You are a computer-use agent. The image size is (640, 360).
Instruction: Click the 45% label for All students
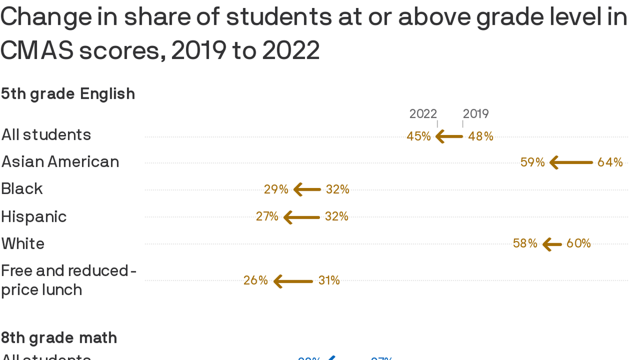click(x=419, y=136)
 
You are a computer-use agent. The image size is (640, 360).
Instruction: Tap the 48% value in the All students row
click(x=481, y=136)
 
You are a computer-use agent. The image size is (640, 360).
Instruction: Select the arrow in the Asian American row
click(x=571, y=163)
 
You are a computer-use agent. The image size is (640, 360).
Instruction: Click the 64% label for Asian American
click(x=610, y=163)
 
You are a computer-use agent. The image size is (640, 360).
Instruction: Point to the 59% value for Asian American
click(x=533, y=163)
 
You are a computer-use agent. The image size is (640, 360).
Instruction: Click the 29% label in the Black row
click(x=276, y=189)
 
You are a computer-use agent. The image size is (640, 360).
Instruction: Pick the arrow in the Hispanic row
click(x=302, y=217)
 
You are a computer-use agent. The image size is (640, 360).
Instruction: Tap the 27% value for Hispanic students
click(x=267, y=217)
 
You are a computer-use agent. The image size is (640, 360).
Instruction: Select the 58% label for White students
click(x=525, y=244)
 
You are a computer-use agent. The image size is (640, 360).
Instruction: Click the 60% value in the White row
click(x=579, y=244)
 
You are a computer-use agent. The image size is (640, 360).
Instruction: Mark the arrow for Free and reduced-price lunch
click(x=293, y=281)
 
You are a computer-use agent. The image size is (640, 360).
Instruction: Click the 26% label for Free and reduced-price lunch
click(x=256, y=281)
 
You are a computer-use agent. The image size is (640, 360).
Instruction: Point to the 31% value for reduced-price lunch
click(x=329, y=281)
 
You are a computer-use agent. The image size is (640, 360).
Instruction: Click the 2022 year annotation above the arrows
click(x=423, y=114)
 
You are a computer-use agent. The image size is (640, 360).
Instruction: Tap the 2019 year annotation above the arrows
click(x=476, y=114)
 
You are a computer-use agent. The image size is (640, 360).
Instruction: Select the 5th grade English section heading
click(x=68, y=94)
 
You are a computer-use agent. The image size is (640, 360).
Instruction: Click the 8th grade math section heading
click(x=59, y=338)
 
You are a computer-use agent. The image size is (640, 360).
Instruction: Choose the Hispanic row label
click(x=34, y=217)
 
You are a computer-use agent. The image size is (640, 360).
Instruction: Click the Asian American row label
click(x=60, y=162)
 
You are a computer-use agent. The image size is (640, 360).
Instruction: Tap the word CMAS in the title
click(x=37, y=51)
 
